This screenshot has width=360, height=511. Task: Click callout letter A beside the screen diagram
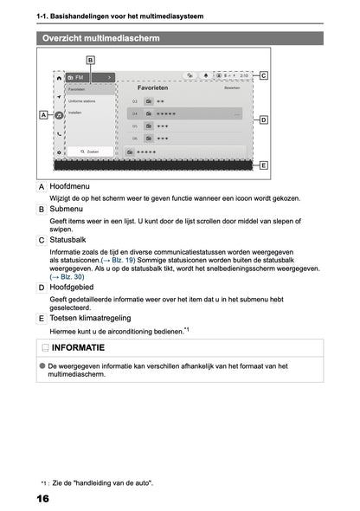point(42,114)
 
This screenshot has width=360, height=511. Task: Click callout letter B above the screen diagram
point(91,59)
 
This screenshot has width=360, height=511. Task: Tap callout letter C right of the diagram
point(263,76)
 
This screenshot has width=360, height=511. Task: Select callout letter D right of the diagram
point(263,120)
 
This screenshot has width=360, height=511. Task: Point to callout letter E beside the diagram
point(263,165)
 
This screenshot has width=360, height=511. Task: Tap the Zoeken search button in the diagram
point(88,151)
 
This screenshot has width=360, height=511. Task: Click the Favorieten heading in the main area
point(153,87)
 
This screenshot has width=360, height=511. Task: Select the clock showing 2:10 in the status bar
point(244,76)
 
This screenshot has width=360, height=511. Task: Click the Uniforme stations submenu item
point(82,101)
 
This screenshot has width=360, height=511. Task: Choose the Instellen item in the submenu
point(75,113)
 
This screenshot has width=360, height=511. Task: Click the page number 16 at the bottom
point(42,500)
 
